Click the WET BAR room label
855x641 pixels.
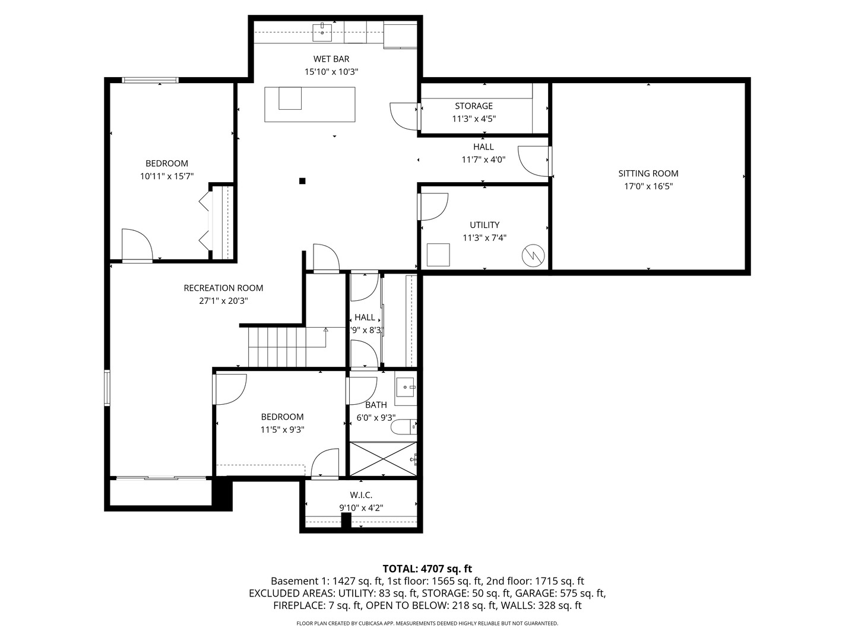331,59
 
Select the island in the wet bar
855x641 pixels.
310,104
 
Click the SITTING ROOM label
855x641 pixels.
648,173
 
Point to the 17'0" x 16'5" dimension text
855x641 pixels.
648,186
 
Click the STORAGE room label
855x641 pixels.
474,106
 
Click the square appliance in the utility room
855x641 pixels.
439,255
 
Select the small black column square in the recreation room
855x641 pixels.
302,180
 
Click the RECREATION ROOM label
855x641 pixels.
223,288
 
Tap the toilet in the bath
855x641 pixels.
404,427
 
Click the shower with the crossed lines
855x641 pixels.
383,458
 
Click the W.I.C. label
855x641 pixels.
361,495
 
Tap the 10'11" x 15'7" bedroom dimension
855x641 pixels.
167,176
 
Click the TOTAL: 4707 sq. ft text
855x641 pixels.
427,569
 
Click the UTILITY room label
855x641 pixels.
484,225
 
